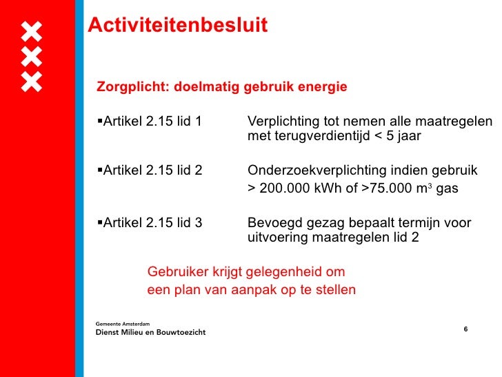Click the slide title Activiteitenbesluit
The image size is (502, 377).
click(177, 26)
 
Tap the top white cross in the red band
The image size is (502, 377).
click(32, 31)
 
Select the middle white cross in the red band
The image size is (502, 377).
click(32, 57)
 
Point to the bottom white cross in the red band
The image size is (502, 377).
click(32, 81)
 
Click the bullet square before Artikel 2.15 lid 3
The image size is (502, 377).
click(99, 222)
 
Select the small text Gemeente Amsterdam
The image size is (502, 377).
click(125, 322)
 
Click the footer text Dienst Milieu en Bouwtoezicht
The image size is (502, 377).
click(150, 332)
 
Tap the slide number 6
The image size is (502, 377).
click(465, 329)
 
